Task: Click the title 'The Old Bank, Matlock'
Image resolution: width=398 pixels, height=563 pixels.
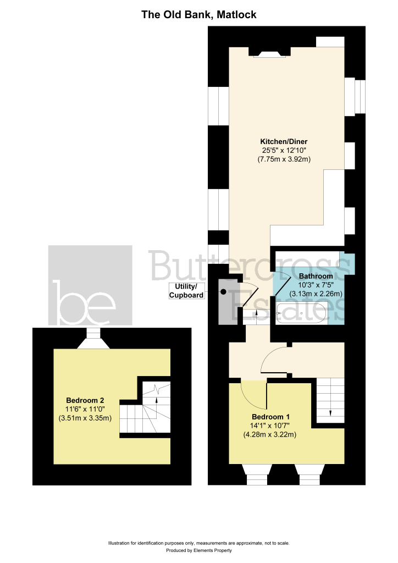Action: [x=199, y=15]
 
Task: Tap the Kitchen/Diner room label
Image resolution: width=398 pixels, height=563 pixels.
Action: [x=284, y=141]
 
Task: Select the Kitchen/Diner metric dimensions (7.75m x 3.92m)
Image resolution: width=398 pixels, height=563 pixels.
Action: [x=284, y=159]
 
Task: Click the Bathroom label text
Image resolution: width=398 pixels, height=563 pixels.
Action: [x=316, y=276]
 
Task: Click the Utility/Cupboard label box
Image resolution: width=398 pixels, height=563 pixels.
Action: [x=186, y=291]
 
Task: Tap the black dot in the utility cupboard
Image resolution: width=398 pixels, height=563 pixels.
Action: [x=223, y=292]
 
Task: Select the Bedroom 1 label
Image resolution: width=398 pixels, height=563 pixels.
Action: [x=270, y=417]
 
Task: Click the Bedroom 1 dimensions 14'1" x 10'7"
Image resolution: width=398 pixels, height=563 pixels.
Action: [x=270, y=426]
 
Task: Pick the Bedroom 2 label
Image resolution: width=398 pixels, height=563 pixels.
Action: [x=85, y=400]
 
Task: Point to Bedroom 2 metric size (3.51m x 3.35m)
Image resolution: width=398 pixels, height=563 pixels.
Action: [x=85, y=418]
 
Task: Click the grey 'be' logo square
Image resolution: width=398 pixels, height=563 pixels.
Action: [x=91, y=285]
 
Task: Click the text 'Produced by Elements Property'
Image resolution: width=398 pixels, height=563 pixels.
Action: [x=199, y=550]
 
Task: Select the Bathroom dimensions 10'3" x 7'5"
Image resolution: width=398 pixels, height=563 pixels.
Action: [x=316, y=285]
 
